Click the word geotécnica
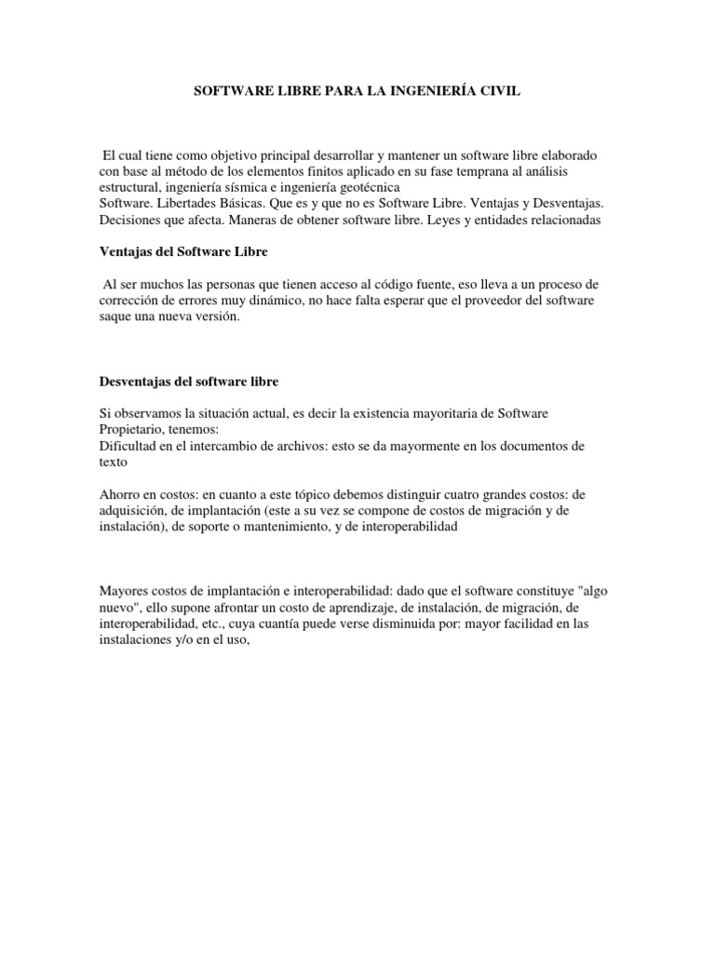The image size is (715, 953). (371, 188)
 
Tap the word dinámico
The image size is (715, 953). (276, 301)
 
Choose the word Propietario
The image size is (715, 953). (135, 429)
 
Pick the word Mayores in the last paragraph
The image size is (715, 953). (125, 590)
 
